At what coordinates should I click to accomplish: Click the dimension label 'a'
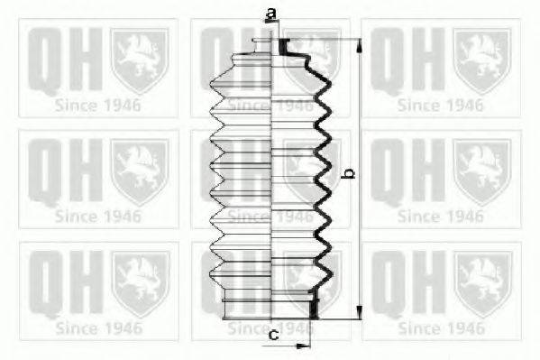click(271, 14)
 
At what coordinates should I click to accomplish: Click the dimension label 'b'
click(350, 173)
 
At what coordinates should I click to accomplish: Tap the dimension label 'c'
click(274, 335)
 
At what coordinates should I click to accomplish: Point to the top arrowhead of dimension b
click(359, 46)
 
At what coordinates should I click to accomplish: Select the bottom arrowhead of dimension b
click(359, 312)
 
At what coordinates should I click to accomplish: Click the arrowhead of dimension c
click(303, 346)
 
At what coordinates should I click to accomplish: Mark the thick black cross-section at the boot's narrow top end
click(283, 47)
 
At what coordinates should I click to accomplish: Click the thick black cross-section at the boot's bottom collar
click(314, 304)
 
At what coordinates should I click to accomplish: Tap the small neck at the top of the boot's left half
click(261, 46)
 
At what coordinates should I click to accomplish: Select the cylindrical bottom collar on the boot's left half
click(247, 303)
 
